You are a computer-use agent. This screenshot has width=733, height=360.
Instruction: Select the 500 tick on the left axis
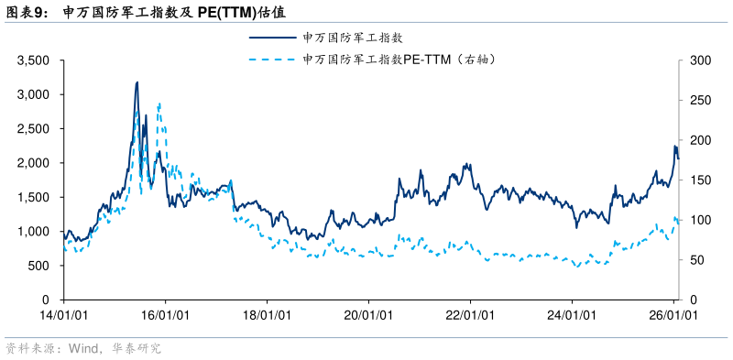(40, 266)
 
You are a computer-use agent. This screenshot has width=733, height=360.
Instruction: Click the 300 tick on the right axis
(701, 60)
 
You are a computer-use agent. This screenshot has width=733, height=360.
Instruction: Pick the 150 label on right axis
(701, 180)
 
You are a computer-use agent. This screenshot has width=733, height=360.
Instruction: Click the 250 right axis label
(701, 101)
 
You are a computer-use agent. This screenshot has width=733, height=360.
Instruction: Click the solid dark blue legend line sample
(272, 38)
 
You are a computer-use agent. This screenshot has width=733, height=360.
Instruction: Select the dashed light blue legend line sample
(272, 60)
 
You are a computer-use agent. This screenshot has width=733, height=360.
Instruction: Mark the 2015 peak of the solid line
(137, 82)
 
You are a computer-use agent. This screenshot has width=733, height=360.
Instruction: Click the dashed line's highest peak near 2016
(159, 104)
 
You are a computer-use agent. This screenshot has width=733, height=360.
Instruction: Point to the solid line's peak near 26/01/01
(674, 146)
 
